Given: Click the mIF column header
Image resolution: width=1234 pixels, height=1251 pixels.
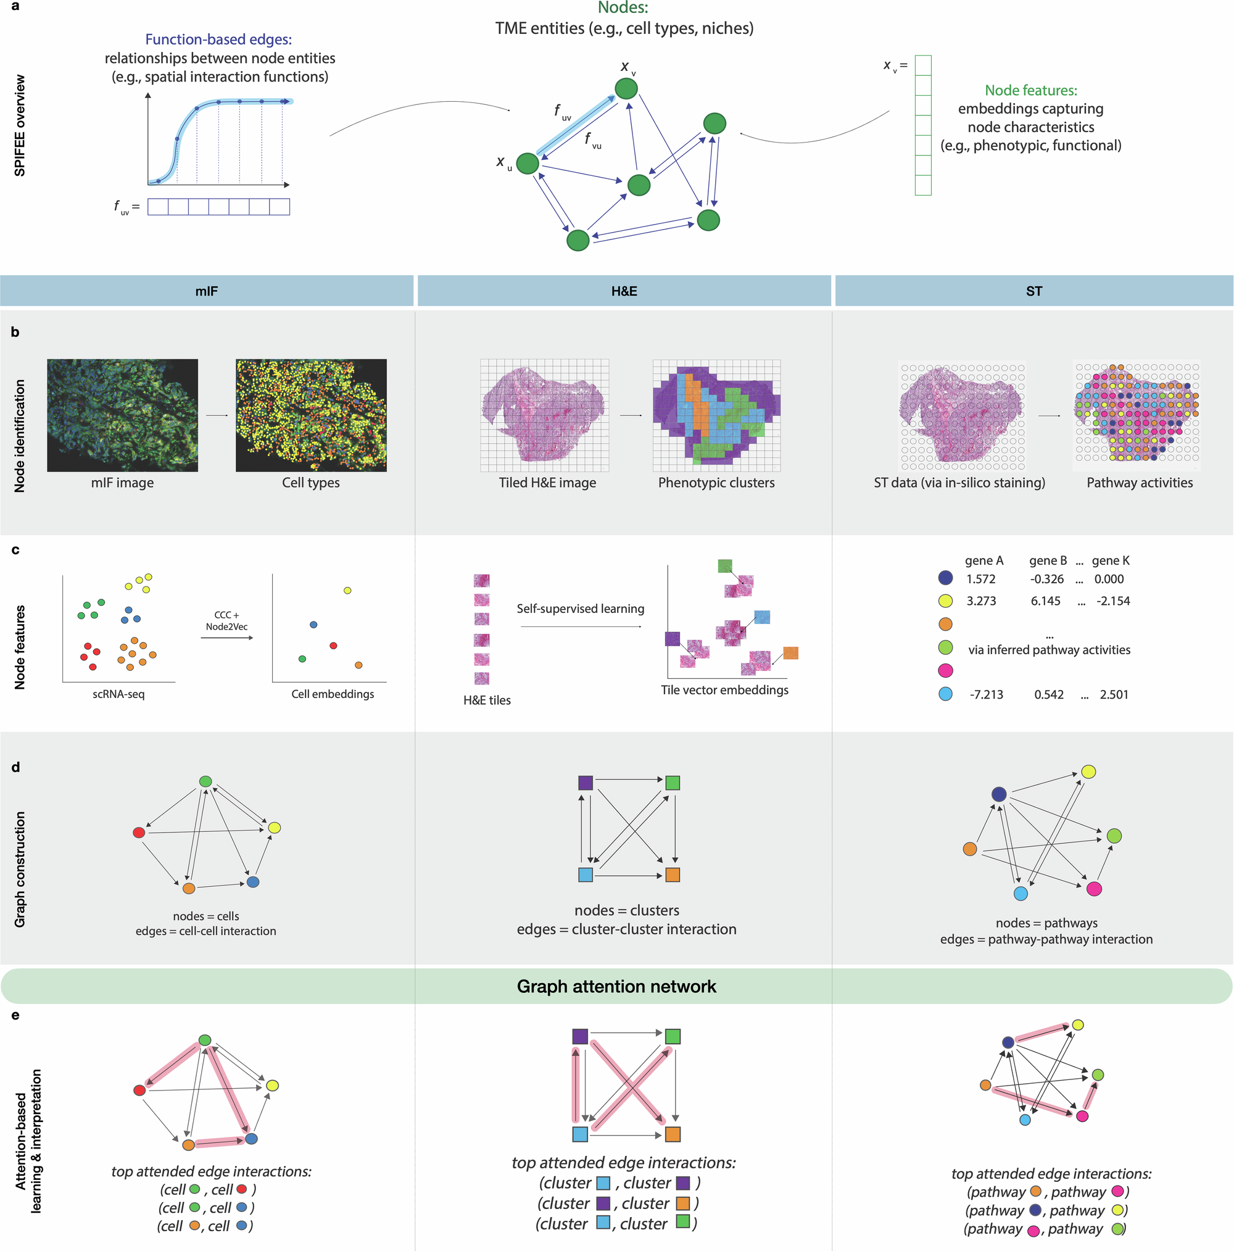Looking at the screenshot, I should pyautogui.click(x=207, y=291).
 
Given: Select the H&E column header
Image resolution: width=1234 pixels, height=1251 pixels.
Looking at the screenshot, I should pyautogui.click(x=624, y=291).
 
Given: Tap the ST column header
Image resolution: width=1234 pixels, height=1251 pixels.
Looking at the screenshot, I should pyautogui.click(x=1034, y=291).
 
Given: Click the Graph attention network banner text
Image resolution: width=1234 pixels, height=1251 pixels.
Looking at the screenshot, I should pyautogui.click(x=616, y=986).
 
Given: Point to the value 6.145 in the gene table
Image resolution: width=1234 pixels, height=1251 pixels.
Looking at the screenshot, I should pyautogui.click(x=1046, y=601).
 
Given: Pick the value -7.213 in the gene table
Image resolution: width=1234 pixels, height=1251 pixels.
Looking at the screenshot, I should pyautogui.click(x=986, y=695).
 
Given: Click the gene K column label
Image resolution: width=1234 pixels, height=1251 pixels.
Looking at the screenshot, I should pyautogui.click(x=1111, y=561).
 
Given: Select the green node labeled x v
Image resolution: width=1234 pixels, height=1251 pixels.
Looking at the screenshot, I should pyautogui.click(x=626, y=89).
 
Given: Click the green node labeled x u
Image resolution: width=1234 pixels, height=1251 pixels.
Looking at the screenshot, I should pyautogui.click(x=528, y=164).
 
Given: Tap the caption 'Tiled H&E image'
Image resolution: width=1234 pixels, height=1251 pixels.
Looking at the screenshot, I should pyautogui.click(x=547, y=483).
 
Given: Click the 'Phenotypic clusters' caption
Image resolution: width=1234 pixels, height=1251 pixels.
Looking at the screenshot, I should pyautogui.click(x=716, y=483).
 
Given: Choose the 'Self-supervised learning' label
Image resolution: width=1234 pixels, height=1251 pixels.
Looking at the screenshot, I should pyautogui.click(x=580, y=609).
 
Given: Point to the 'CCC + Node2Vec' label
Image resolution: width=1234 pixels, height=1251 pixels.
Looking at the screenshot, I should pyautogui.click(x=226, y=621).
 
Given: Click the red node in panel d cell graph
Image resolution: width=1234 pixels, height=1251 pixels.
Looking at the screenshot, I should pyautogui.click(x=139, y=832).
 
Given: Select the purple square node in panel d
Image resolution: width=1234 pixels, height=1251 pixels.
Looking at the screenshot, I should pyautogui.click(x=586, y=783).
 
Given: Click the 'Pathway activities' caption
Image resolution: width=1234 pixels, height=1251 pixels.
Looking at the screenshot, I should pyautogui.click(x=1140, y=483).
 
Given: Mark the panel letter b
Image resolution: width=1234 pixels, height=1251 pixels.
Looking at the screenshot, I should pyautogui.click(x=15, y=332).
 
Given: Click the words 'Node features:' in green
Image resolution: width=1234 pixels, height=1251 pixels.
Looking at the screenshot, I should pyautogui.click(x=1031, y=91).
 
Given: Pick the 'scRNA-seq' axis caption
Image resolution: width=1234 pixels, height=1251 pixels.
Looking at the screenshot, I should pyautogui.click(x=118, y=694).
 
